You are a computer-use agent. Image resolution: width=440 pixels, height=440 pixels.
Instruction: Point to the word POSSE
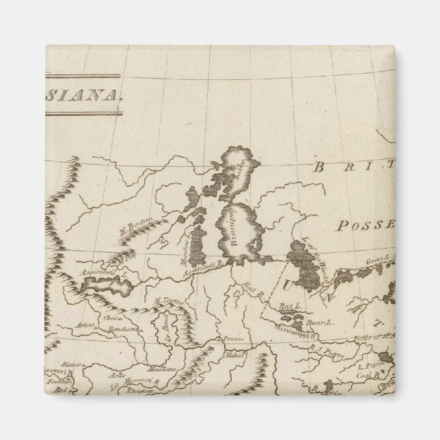[x=371, y=225]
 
